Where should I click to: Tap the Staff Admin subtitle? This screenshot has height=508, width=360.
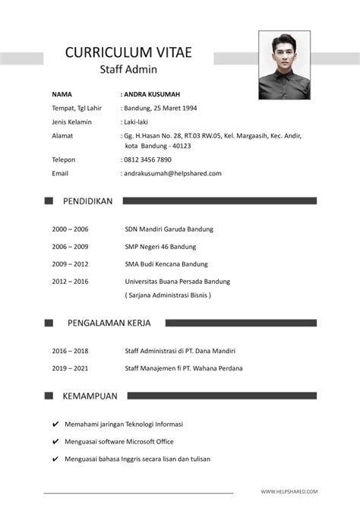pos(128,70)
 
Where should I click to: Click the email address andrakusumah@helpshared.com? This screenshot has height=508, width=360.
pos(172,173)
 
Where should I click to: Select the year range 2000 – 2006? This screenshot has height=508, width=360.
pos(70,229)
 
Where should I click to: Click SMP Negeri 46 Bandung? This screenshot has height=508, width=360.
pos(160,247)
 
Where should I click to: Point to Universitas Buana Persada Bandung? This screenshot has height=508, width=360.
pos(177,281)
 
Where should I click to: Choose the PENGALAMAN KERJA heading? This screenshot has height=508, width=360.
pos(109,323)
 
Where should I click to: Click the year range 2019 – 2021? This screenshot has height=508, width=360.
pos(70,368)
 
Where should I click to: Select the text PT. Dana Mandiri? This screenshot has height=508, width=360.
pos(213,351)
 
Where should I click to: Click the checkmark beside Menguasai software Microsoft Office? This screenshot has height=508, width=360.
pos(55,442)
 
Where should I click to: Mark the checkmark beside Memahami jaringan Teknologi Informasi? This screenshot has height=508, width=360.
pos(55,424)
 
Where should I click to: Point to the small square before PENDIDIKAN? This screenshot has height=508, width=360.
pos(49,201)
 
